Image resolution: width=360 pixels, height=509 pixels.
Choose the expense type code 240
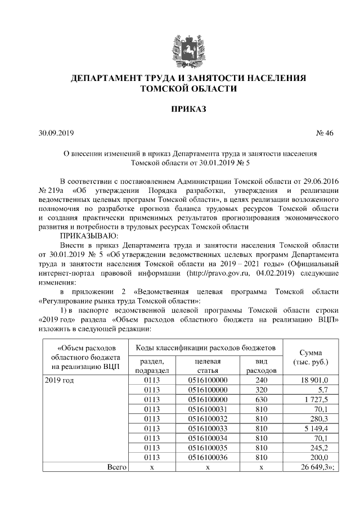(261, 381)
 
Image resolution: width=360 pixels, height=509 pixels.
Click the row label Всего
(118, 467)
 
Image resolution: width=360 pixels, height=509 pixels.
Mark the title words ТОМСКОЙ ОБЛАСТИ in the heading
(188, 89)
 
